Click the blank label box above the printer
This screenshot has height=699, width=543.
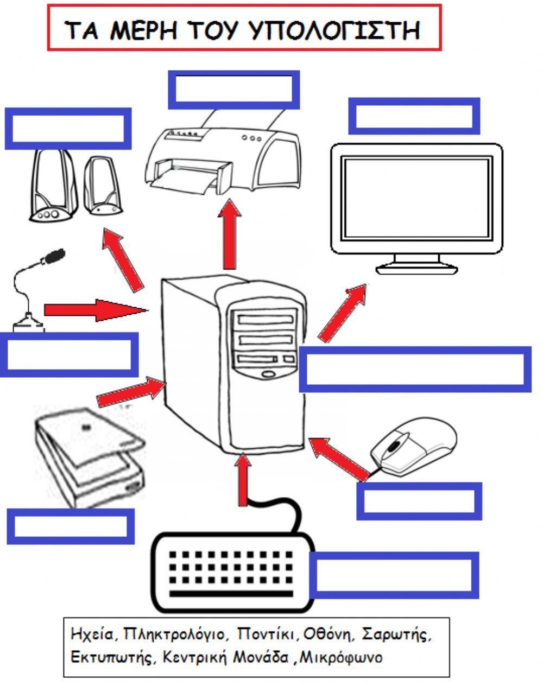(x=233, y=89)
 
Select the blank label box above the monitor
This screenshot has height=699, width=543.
(x=414, y=116)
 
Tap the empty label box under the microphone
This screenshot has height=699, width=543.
(x=69, y=354)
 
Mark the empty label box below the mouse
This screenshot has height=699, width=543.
(x=419, y=501)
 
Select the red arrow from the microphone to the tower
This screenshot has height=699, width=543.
(x=95, y=309)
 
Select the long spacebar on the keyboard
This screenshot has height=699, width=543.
(x=231, y=593)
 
